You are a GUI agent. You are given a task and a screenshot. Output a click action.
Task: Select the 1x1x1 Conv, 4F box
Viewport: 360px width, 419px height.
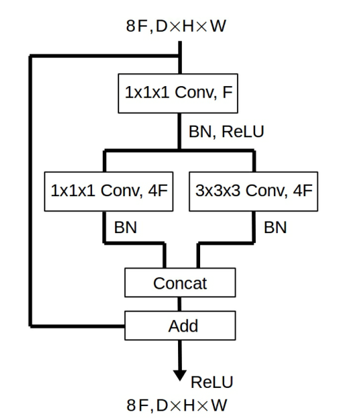(x=109, y=191)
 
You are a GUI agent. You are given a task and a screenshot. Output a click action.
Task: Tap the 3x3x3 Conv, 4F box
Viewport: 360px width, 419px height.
(x=253, y=191)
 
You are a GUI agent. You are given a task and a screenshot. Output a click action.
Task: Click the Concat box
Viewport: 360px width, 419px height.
(x=179, y=283)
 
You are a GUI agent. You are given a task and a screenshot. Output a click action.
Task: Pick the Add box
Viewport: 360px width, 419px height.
(x=179, y=324)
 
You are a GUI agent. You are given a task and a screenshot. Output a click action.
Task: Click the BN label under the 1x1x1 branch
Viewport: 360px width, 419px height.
(x=125, y=228)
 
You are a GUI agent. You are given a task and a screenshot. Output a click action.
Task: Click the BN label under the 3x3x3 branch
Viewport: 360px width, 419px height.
(x=275, y=228)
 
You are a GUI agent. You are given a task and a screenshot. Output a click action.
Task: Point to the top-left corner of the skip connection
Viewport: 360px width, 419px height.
(x=30, y=56)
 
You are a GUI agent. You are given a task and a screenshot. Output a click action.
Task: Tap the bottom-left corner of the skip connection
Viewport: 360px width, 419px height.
(x=30, y=324)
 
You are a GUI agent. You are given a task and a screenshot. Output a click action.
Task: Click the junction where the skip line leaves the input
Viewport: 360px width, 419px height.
(x=180, y=56)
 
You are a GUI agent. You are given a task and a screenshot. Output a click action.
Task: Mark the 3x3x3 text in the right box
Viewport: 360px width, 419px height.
(x=219, y=191)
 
